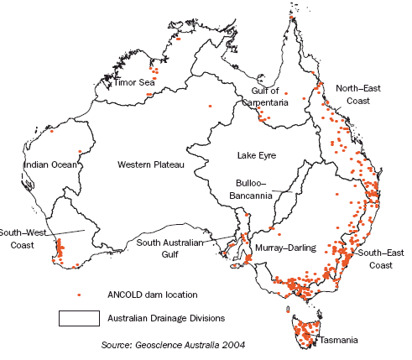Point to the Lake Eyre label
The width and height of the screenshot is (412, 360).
[x=256, y=155]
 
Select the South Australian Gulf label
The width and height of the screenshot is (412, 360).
[x=171, y=249]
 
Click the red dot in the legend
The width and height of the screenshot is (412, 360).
[x=79, y=295]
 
